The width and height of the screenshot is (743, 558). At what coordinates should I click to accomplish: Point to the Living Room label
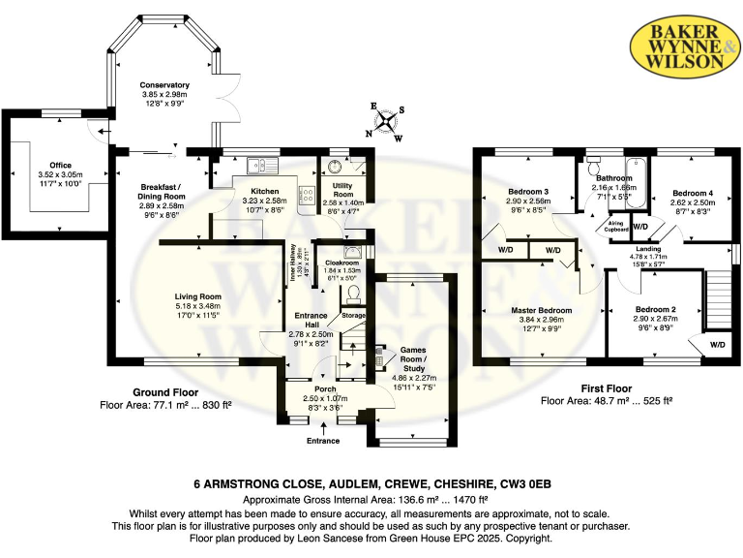click(197, 296)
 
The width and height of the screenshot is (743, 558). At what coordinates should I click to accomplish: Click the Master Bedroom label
click(542, 310)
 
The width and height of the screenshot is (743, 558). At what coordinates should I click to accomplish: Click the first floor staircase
click(717, 300)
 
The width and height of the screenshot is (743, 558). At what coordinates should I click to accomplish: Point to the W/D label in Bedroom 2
click(716, 344)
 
